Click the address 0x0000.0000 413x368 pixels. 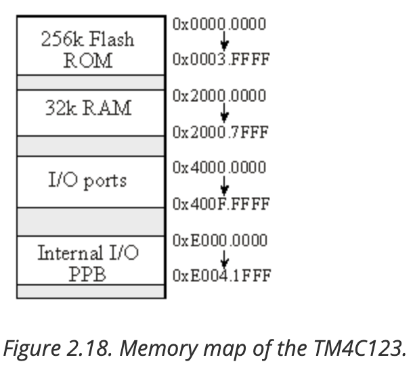coord(219,25)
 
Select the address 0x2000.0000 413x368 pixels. coord(219,97)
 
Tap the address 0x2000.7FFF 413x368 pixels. coord(221,132)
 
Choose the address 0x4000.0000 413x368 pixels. coord(219,167)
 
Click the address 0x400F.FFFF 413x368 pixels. coord(221,204)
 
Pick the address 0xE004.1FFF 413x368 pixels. coord(221,276)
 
